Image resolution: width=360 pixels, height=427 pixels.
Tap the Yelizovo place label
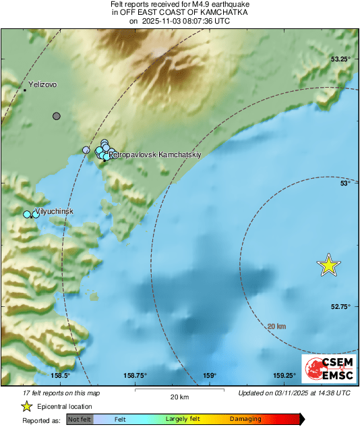point(42,85)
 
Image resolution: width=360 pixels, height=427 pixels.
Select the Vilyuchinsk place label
point(53,211)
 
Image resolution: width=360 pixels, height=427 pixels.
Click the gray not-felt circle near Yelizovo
point(57,116)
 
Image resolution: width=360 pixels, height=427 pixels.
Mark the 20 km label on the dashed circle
point(276,326)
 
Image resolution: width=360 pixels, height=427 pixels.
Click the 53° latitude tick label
point(344,183)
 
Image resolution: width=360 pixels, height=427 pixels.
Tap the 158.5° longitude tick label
point(61,376)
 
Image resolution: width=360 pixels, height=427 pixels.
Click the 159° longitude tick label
point(210,376)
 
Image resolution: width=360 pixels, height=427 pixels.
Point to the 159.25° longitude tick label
point(284,376)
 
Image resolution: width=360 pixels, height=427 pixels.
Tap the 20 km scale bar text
point(179,397)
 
